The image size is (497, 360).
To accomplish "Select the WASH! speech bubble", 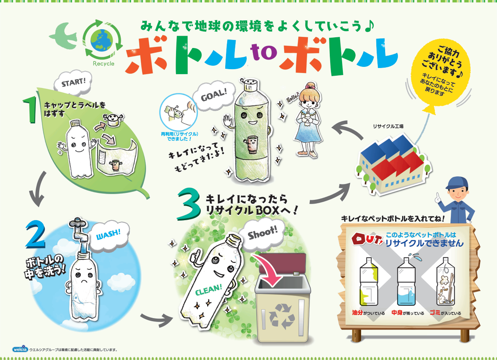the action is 108,234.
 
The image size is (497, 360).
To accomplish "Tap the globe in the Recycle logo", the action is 102,40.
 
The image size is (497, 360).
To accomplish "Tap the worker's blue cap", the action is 457,183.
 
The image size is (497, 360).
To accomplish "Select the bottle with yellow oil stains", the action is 369,282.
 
